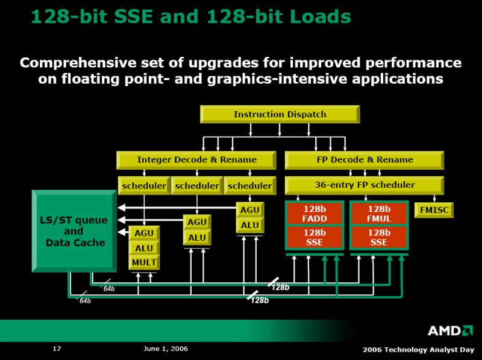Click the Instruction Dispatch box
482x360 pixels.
point(280,114)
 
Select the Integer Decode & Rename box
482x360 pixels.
point(196,160)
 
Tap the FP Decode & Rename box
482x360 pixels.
point(365,160)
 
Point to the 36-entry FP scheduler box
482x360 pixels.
point(365,185)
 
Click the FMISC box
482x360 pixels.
point(434,210)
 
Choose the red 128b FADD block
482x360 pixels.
point(315,214)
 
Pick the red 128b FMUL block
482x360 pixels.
point(379,214)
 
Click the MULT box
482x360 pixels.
point(144,262)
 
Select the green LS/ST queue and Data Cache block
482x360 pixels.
point(74,231)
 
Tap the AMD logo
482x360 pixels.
point(450,331)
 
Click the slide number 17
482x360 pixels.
point(57,349)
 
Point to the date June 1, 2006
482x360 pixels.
point(166,349)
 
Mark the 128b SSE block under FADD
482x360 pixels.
point(315,237)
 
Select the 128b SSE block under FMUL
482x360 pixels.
point(379,237)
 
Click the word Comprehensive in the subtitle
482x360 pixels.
point(78,63)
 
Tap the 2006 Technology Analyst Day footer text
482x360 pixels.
point(418,350)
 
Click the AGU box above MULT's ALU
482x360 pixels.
point(144,233)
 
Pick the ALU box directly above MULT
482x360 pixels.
point(144,248)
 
